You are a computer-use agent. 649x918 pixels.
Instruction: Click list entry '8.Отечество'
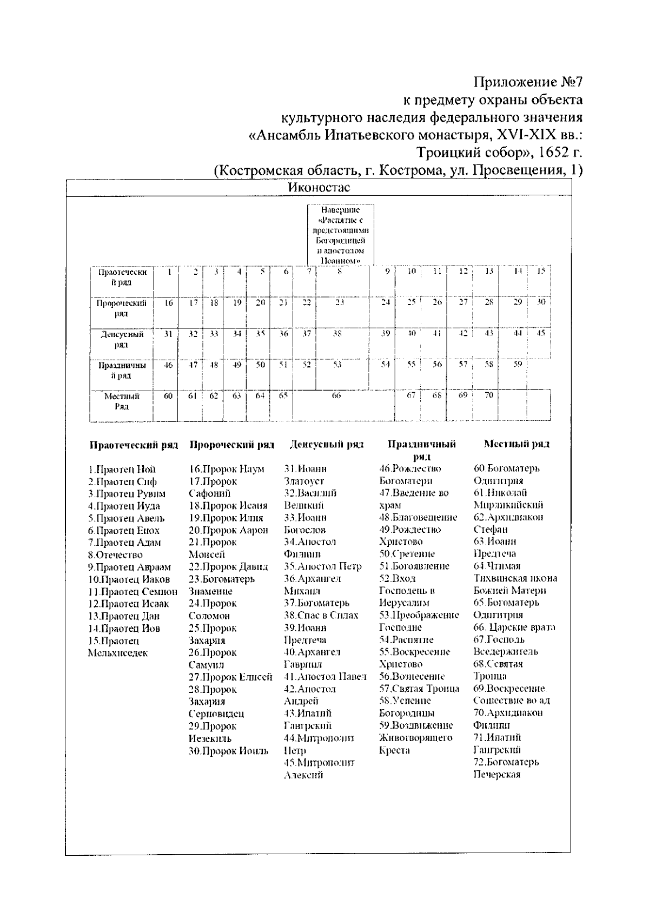(115, 554)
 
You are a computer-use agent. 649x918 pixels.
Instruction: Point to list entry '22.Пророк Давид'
(228, 567)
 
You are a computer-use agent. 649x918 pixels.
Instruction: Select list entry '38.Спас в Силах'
(321, 616)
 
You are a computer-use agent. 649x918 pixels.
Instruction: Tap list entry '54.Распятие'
(406, 640)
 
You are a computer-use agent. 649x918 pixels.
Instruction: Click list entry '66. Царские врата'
(514, 628)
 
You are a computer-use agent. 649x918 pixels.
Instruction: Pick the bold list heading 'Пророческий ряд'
(232, 445)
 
